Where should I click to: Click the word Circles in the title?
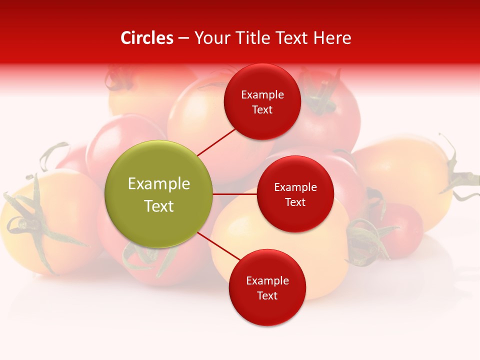[x=147, y=38]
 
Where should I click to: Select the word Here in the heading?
[x=333, y=38]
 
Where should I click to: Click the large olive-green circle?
[x=159, y=194]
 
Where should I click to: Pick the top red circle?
[x=262, y=101]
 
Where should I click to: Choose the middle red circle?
[x=295, y=194]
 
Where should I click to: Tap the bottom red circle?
[x=267, y=287]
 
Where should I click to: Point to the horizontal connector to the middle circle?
[x=235, y=194]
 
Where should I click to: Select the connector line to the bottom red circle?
[x=219, y=247]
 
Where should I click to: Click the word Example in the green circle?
[x=159, y=184]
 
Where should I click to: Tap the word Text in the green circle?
[x=159, y=206]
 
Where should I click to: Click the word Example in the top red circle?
[x=262, y=95]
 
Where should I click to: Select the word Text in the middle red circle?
[x=295, y=202]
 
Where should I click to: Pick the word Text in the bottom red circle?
[x=267, y=296]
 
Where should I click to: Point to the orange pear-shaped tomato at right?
[x=405, y=175]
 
